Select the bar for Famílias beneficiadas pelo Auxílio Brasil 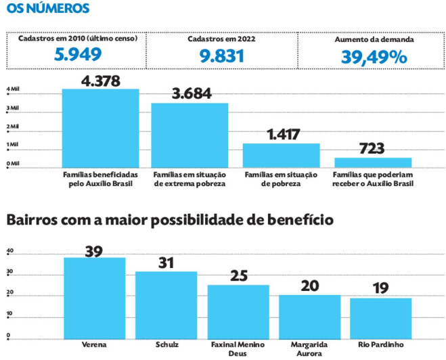point(100,127)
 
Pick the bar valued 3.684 point(189,134)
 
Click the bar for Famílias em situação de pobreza point(281,154)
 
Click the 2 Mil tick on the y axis point(13,127)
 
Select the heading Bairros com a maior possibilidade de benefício point(169,220)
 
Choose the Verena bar point(94,297)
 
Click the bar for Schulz point(166,304)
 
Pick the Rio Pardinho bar point(380,317)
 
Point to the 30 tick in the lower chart point(10,274)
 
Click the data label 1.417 point(281,135)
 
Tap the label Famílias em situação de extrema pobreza point(189,179)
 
